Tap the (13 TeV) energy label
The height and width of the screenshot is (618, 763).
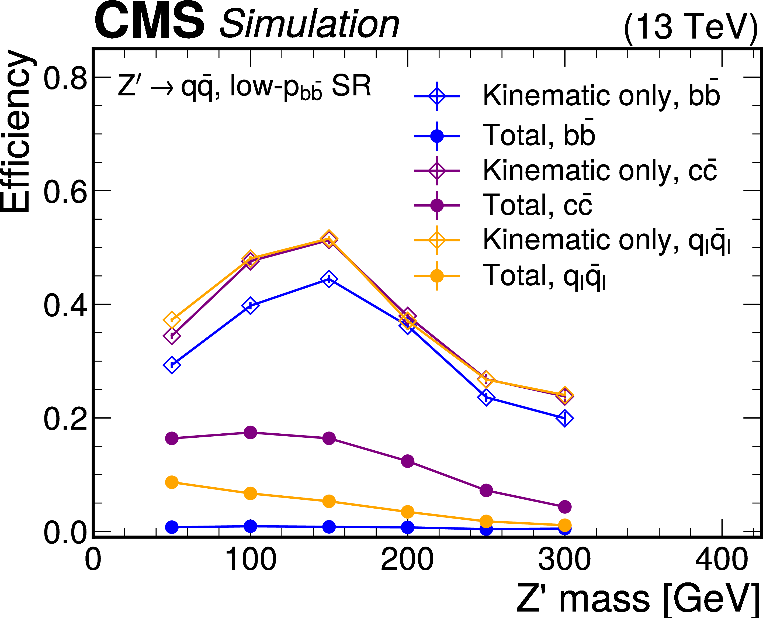tap(691, 26)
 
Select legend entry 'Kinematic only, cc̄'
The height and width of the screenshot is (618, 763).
tap(600, 170)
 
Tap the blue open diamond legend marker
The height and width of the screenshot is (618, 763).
tap(437, 96)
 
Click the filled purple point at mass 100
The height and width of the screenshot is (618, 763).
tap(250, 433)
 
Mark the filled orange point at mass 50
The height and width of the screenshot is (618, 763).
tap(172, 482)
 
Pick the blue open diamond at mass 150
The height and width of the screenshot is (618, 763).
tap(329, 279)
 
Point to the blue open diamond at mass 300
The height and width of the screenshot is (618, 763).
tap(564, 418)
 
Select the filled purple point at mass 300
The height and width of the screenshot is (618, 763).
tap(564, 507)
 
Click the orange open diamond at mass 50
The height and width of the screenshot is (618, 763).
tap(172, 319)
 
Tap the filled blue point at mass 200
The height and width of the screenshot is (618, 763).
tap(407, 527)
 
